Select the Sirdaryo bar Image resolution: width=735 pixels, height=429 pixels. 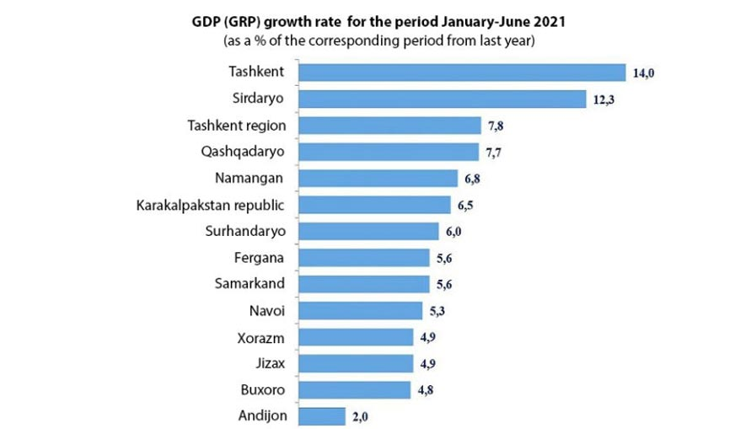tap(443, 99)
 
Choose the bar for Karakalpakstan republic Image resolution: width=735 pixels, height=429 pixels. tap(376, 204)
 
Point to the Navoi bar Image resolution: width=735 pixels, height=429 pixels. tap(360, 310)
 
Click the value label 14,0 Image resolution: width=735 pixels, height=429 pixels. tap(644, 74)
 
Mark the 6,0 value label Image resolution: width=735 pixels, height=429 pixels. tap(456, 232)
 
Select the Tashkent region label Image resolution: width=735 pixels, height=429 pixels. tap(236, 126)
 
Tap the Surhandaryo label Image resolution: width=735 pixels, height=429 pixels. tap(245, 231)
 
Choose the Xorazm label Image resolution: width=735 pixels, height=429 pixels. tap(261, 336)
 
